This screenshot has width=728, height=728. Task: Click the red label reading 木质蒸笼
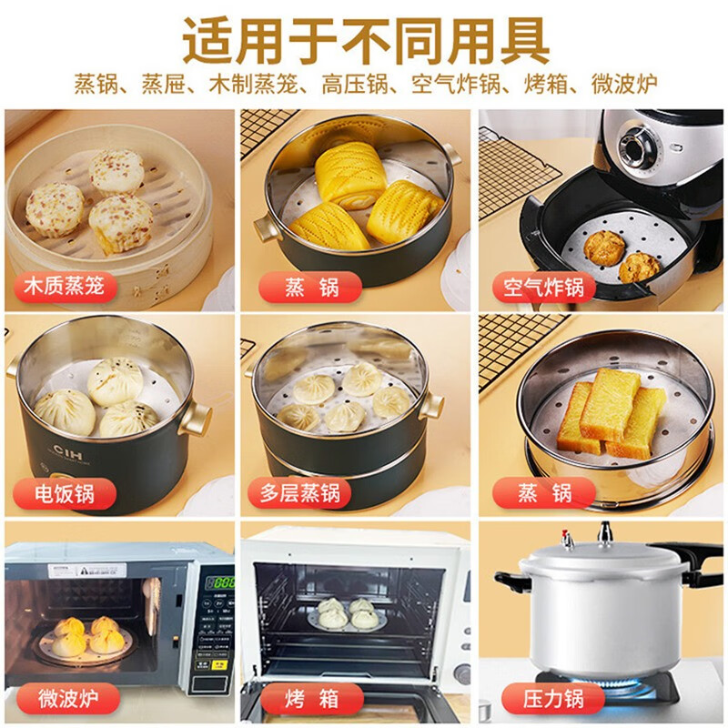(64, 288)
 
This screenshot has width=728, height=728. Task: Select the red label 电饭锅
(64, 493)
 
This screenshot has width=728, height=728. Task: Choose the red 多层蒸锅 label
(299, 493)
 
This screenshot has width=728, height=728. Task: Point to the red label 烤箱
(299, 699)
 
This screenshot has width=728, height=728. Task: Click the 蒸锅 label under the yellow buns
(299, 288)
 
